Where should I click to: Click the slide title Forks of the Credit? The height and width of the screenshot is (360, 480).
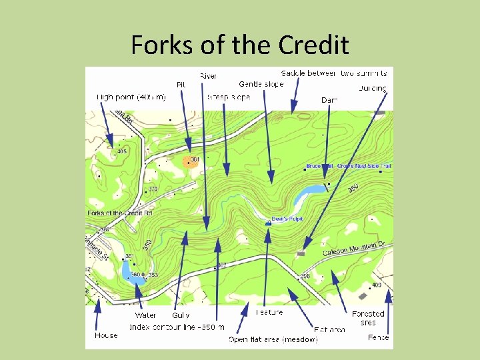[x=240, y=45]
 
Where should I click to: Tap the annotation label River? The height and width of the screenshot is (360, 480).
[x=208, y=76]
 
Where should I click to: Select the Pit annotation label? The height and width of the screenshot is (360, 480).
[x=181, y=85]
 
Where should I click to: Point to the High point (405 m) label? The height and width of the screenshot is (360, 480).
[x=131, y=97]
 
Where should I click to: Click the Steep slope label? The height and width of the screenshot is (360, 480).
[x=229, y=97]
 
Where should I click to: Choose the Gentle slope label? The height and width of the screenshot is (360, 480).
[x=261, y=84]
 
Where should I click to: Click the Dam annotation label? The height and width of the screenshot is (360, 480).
[x=329, y=100]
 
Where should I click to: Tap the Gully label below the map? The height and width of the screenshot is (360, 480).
[x=181, y=315]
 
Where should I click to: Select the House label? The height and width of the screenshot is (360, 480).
[x=106, y=335]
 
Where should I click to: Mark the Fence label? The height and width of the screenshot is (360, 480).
[x=378, y=337]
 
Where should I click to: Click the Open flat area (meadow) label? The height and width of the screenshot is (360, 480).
[x=273, y=339]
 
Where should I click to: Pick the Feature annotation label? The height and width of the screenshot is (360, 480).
[x=269, y=312]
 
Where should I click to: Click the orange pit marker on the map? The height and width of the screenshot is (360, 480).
[x=187, y=162]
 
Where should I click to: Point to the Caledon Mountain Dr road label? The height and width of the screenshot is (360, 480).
[x=349, y=249]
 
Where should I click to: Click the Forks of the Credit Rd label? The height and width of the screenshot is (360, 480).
[x=120, y=213]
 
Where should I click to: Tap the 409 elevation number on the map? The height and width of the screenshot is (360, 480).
[x=377, y=285]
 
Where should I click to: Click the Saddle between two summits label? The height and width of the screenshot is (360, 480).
[x=333, y=72]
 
